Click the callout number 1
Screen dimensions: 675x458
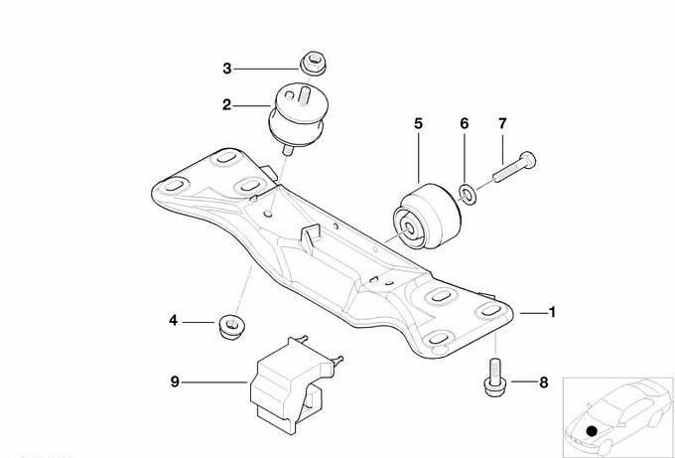click(552, 312)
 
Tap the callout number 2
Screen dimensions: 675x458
click(227, 104)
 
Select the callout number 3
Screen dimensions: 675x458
click(227, 69)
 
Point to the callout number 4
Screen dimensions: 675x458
click(173, 320)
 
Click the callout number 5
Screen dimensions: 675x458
click(419, 123)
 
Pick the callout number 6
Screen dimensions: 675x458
click(465, 123)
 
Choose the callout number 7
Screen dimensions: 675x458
click(502, 123)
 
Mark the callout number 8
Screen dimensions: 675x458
click(544, 382)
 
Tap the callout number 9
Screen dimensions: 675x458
click(175, 382)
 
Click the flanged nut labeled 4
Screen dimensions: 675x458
click(231, 327)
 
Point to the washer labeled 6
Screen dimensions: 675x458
click(468, 194)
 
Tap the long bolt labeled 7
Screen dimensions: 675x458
click(515, 167)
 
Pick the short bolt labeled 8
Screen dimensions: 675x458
click(495, 378)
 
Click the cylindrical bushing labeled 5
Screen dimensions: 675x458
click(427, 217)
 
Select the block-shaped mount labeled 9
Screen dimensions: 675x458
click(294, 384)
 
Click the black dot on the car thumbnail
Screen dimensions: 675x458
click(593, 430)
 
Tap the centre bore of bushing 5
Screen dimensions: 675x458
click(408, 228)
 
